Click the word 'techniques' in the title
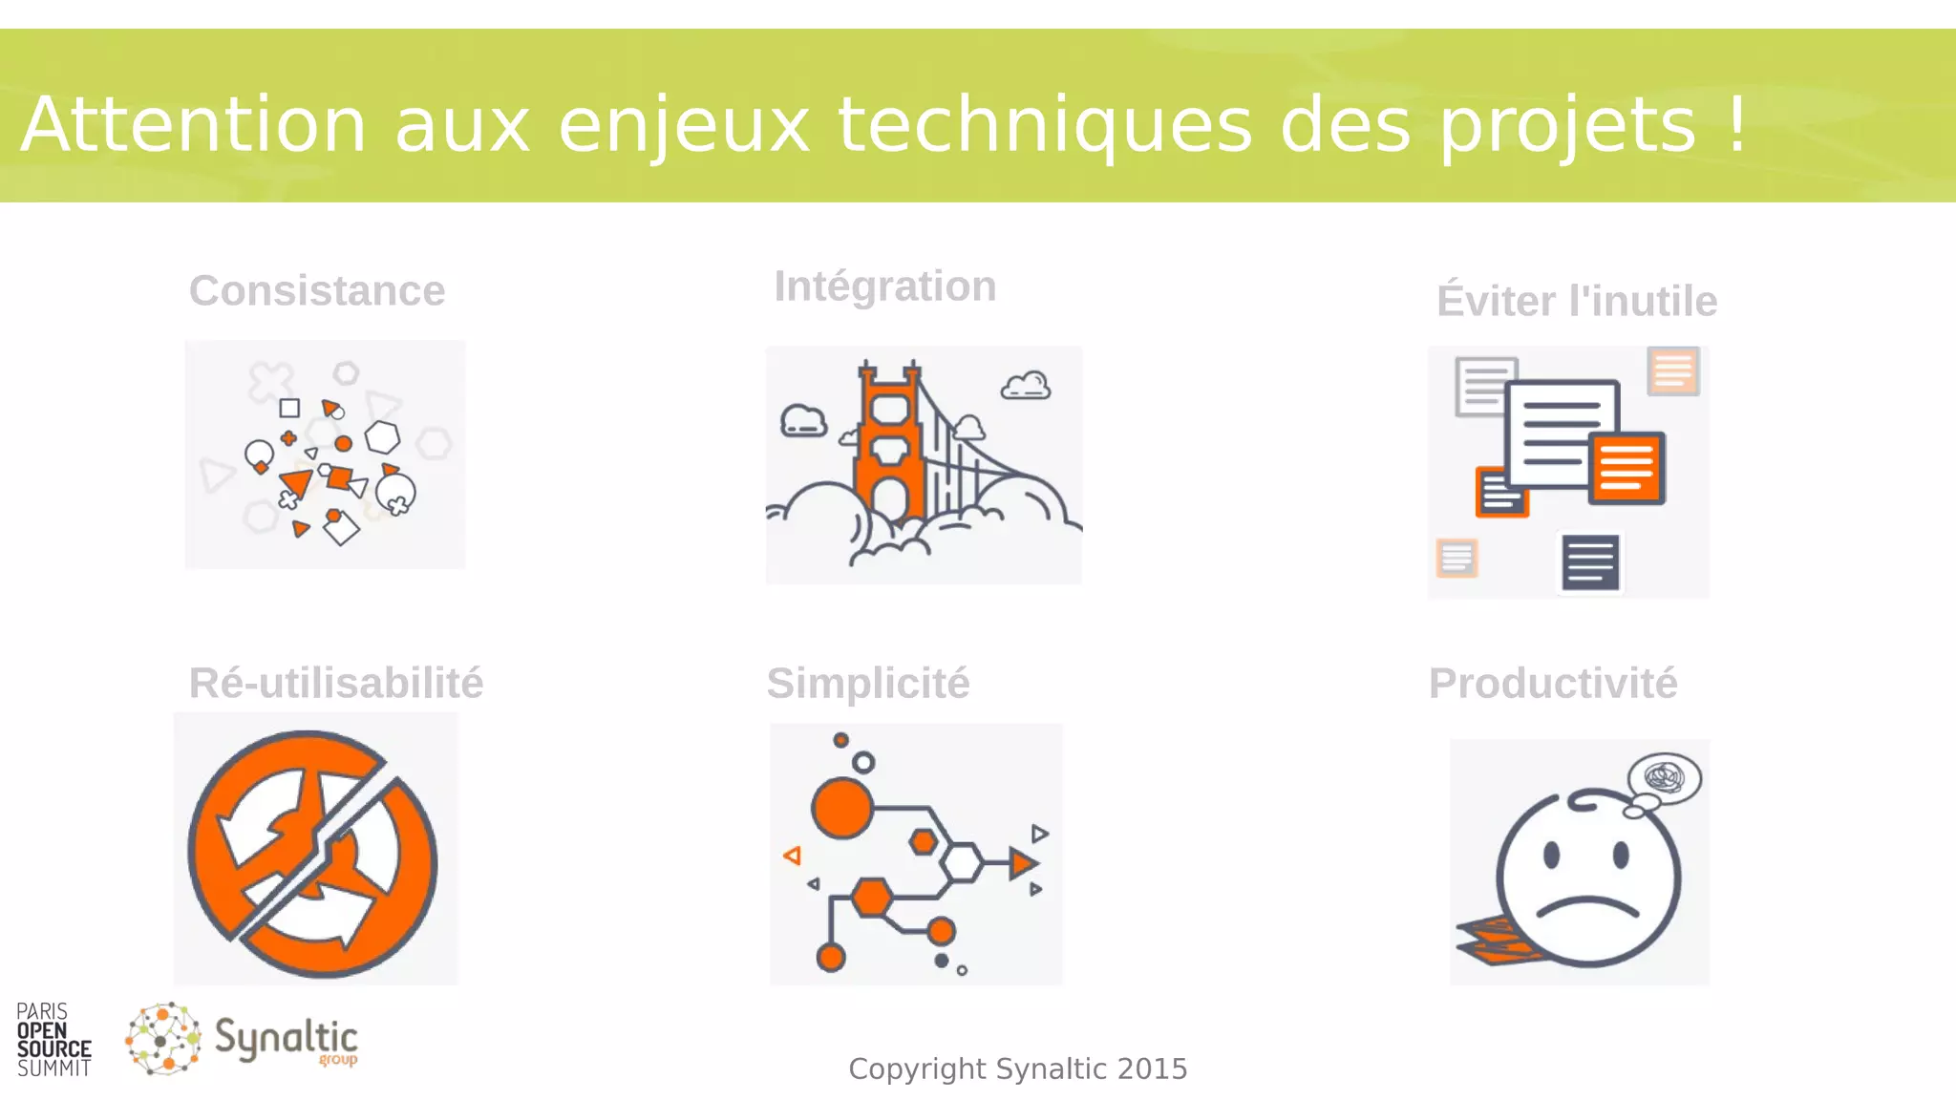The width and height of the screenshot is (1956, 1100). click(1044, 124)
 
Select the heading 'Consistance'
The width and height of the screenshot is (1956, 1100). click(317, 290)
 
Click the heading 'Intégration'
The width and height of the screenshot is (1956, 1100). click(884, 286)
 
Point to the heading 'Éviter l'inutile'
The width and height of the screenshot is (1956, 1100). click(1577, 301)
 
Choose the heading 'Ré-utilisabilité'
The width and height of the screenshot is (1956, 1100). click(336, 683)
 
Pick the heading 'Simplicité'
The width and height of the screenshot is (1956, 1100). click(867, 683)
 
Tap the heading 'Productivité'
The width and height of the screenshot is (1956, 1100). click(1552, 683)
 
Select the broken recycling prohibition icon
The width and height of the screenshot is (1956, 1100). click(313, 854)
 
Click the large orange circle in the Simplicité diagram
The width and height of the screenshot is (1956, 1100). click(841, 808)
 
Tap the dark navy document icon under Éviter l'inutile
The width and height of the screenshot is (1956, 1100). click(1590, 561)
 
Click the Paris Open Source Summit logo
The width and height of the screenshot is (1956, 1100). click(53, 1040)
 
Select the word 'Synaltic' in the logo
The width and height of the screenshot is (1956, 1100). click(286, 1038)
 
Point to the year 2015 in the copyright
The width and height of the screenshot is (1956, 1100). click(1152, 1068)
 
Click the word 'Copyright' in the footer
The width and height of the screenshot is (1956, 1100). click(917, 1068)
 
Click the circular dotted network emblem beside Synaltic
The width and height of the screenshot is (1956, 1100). click(163, 1039)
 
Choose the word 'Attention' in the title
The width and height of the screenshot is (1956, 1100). click(194, 124)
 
